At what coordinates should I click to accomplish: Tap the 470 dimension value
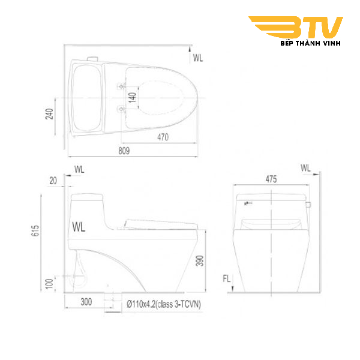pos(162,137)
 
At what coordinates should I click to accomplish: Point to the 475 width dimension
pos(271,178)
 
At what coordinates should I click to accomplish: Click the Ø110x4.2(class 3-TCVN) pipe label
pos(163,304)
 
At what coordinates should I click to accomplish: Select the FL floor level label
pos(226,278)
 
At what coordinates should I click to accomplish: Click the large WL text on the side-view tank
pos(78,226)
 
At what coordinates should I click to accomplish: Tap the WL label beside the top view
pos(199,58)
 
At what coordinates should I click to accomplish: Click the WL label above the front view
pos(306,168)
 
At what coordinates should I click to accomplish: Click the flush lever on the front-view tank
pos(308,204)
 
